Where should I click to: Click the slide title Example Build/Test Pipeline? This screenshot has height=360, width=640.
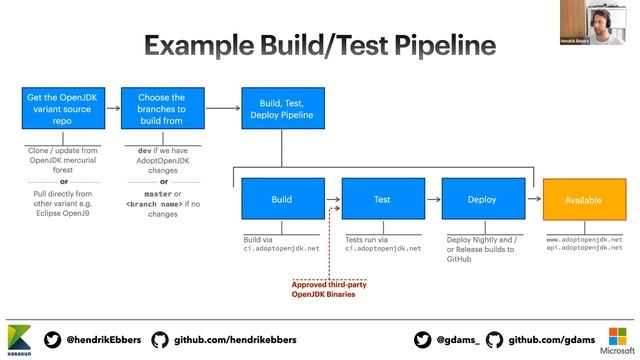[x=319, y=45]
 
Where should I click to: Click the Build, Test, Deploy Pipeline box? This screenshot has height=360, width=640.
[x=281, y=110]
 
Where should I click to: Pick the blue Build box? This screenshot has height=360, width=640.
[x=281, y=200]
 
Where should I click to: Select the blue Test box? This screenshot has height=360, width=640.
[x=381, y=200]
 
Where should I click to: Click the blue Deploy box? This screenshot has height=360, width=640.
[x=481, y=200]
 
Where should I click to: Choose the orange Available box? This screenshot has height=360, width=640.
[x=583, y=200]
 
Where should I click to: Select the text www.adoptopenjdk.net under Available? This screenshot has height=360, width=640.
[x=584, y=240]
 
